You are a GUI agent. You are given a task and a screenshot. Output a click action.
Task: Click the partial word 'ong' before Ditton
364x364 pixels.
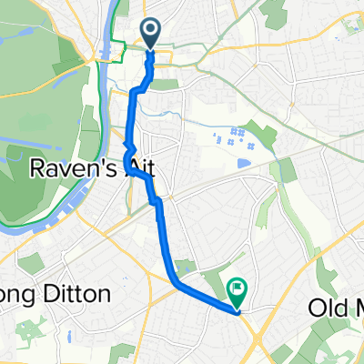(x=21, y=296)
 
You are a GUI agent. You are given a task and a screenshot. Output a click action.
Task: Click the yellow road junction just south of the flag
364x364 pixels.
(x=240, y=315)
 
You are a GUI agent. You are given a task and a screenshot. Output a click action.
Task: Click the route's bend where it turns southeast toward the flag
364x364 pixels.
(x=175, y=281)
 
